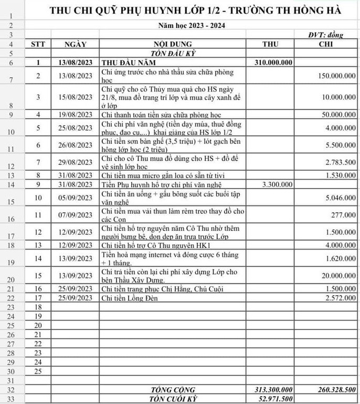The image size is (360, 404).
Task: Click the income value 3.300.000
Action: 277,184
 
